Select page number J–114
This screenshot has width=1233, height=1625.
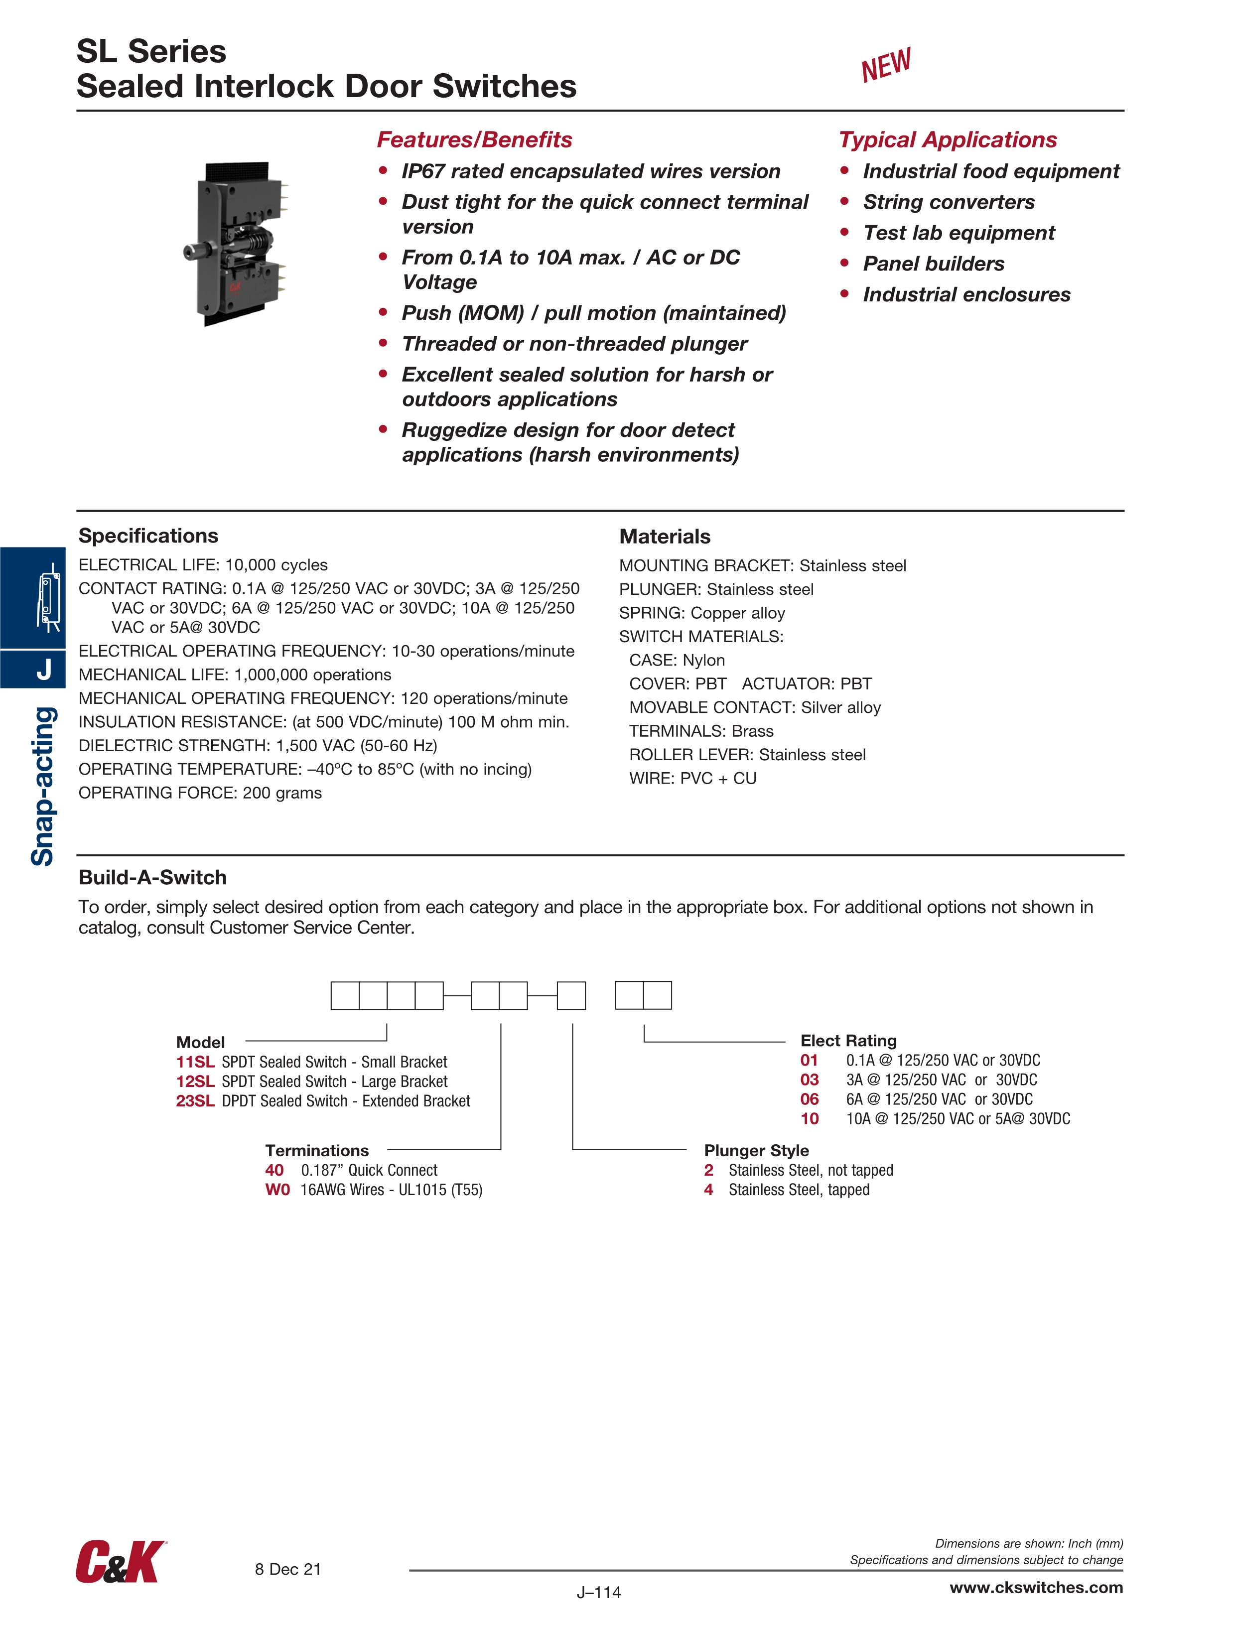pos(598,1592)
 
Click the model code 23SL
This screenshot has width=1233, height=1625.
pos(195,1100)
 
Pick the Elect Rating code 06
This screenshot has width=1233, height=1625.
pos(809,1099)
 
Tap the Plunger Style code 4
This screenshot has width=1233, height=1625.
pos(708,1190)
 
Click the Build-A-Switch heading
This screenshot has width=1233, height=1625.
pos(152,877)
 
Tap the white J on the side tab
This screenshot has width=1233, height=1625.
pos(44,669)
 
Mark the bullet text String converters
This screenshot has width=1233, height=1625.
pos(948,202)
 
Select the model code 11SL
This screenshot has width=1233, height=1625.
pos(195,1062)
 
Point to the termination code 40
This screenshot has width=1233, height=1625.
pos(274,1170)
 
